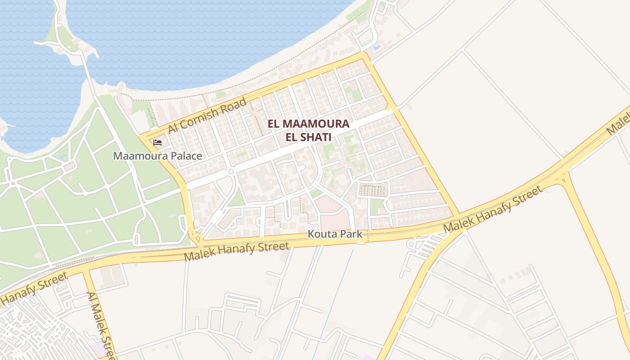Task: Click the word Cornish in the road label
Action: pos(202,117)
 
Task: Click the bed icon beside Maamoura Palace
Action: pos(157,143)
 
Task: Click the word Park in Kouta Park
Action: pos(351,234)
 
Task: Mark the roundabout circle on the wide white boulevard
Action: pos(231,171)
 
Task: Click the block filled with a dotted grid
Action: pos(373,190)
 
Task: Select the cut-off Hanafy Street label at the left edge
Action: pos(34,288)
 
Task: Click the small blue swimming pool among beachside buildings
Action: pos(377,47)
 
